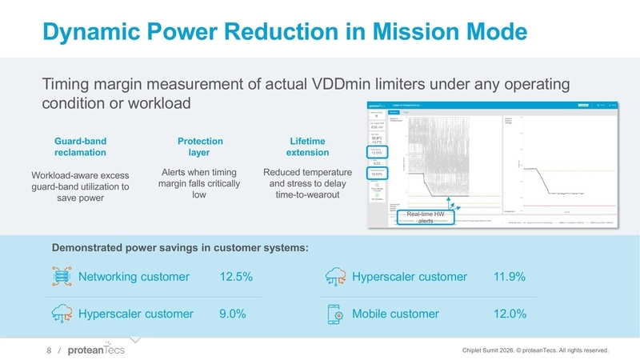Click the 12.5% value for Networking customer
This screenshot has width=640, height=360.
pos(236,277)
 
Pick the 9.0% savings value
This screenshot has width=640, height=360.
pos(232,314)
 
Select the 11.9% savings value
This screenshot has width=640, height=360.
pos(510,277)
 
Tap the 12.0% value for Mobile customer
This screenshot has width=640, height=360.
pos(510,314)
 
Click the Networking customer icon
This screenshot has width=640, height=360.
pos(60,277)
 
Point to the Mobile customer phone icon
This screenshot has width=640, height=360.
pos(336,314)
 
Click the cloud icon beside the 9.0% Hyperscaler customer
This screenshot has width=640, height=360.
pos(60,314)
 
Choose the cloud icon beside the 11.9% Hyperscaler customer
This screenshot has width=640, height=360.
pos(336,277)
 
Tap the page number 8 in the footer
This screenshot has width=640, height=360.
pos(49,350)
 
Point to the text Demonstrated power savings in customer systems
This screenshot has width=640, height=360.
pos(180,248)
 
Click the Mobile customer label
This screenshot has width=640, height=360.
pos(395,314)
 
